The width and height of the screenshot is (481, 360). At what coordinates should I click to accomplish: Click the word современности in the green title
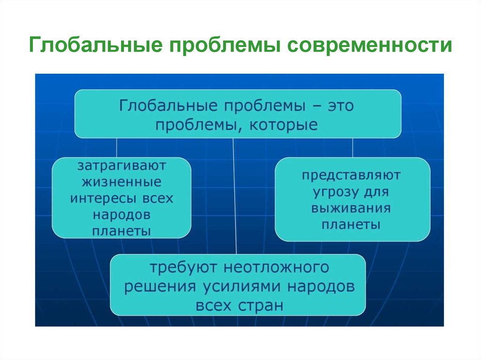(x=370, y=45)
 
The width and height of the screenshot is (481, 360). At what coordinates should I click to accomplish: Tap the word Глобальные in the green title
(x=96, y=45)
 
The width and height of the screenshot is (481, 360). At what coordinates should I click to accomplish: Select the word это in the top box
(x=341, y=106)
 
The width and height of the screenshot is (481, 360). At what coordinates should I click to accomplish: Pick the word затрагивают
(x=122, y=166)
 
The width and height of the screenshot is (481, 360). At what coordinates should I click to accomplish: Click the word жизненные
(x=122, y=182)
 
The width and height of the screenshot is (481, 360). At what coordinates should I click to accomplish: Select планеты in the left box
(x=122, y=231)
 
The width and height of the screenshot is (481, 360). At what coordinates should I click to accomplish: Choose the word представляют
(x=351, y=176)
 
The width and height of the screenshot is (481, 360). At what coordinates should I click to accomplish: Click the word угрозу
(x=335, y=192)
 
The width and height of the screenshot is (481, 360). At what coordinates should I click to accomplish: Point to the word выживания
(x=351, y=208)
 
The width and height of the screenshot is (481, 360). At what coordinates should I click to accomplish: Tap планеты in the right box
(x=351, y=225)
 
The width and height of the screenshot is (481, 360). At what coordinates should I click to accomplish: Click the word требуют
(x=183, y=268)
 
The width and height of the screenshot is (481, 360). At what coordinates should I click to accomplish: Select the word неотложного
(x=276, y=268)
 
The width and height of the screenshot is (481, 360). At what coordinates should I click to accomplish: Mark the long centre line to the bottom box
(x=235, y=196)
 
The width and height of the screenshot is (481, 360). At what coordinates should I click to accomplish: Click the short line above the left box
(x=116, y=148)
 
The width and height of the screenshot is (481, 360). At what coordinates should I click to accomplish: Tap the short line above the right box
(x=352, y=148)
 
